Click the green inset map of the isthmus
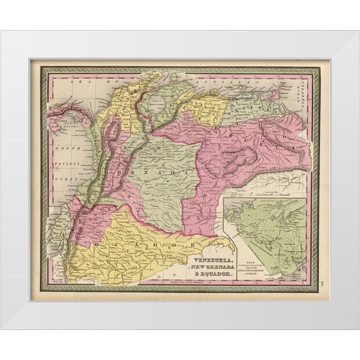(266, 231)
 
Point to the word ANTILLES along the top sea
(226, 81)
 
